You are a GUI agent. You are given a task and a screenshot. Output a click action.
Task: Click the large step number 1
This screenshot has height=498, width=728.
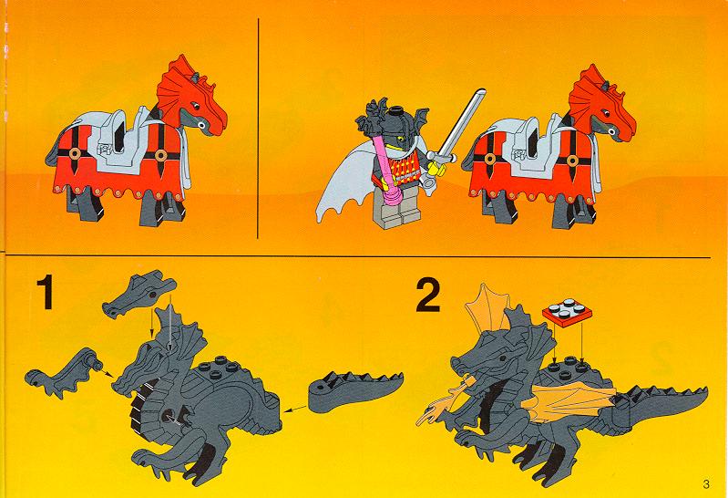tap(46, 292)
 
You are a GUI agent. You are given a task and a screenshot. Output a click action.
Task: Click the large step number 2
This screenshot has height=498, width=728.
tap(427, 295)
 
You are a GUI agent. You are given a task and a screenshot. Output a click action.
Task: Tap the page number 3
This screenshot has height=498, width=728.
tap(707, 484)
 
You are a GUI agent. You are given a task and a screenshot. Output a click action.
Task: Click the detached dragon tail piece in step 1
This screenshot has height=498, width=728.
tap(354, 390)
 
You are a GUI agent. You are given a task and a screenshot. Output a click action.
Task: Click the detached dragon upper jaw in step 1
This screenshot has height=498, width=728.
tap(138, 294)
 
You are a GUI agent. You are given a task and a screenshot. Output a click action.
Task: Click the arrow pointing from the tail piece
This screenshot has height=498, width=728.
tap(296, 410)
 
